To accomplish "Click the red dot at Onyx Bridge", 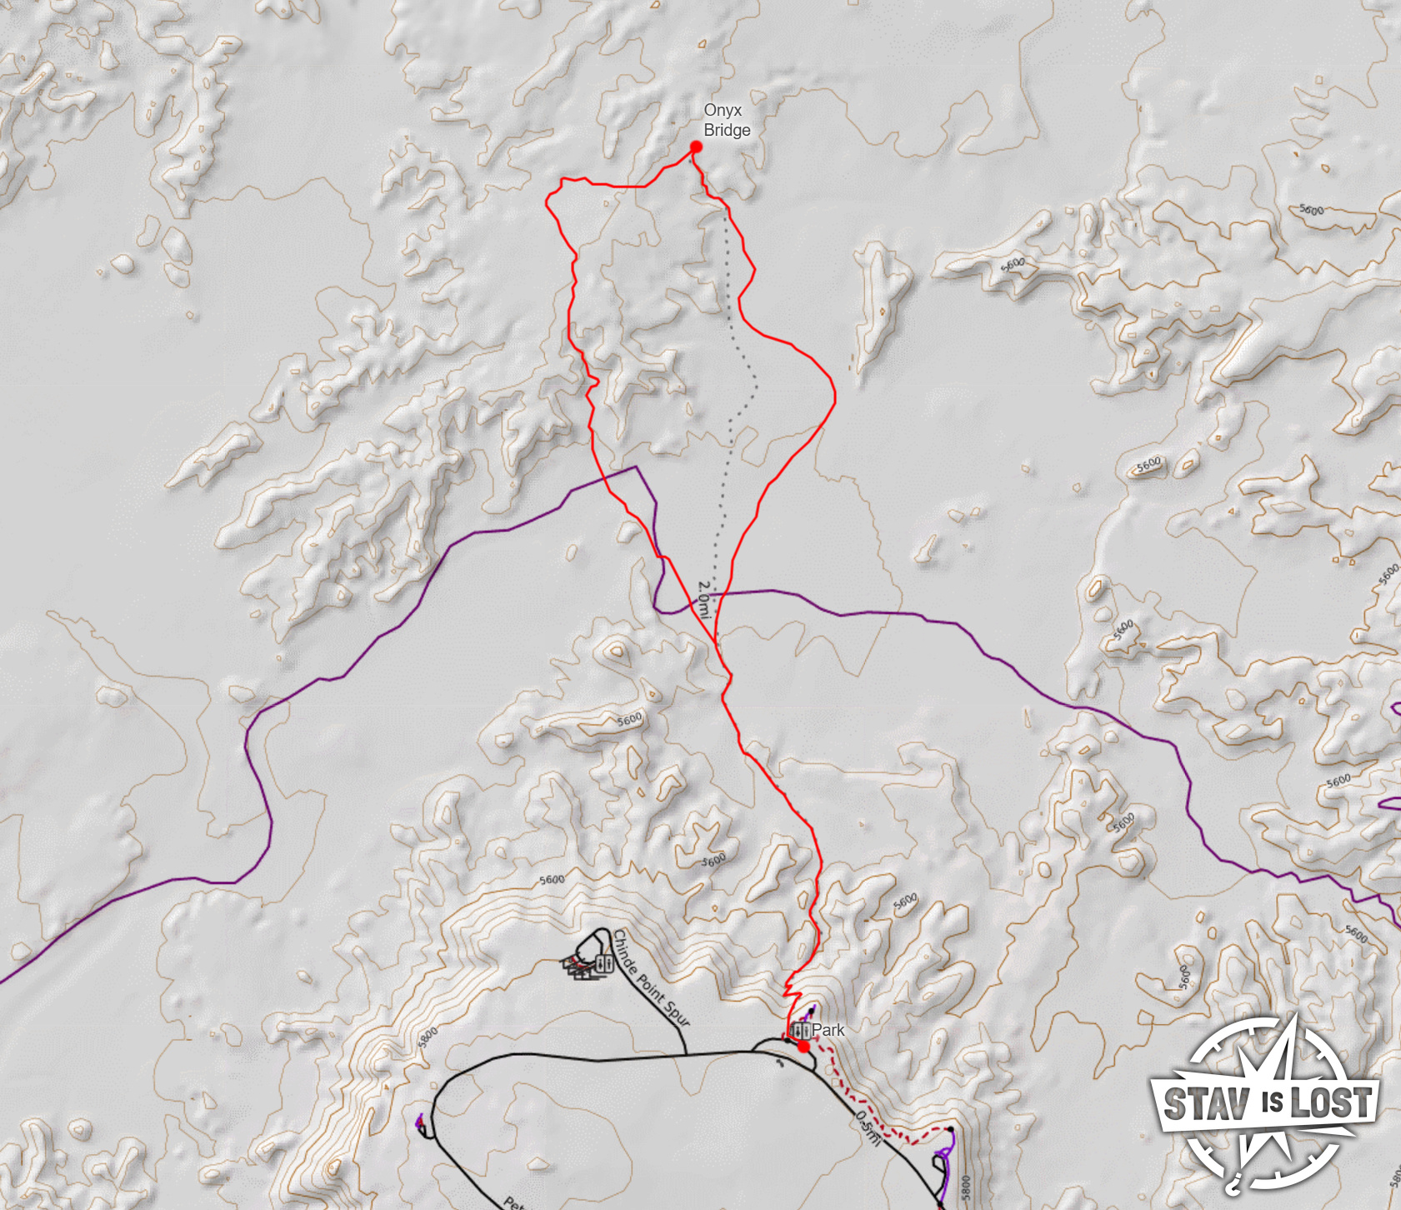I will pyautogui.click(x=696, y=147).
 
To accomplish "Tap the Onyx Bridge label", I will pyautogui.click(x=726, y=120).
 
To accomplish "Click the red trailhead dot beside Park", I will pyautogui.click(x=803, y=1046).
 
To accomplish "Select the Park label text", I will pyautogui.click(x=828, y=1030).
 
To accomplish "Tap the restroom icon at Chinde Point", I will pyautogui.click(x=605, y=964).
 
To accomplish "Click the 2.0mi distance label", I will pyautogui.click(x=705, y=599).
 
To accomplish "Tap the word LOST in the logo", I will pyautogui.click(x=1330, y=1103).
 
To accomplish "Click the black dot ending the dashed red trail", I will pyautogui.click(x=949, y=1130).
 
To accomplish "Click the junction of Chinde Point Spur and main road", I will pyautogui.click(x=686, y=1054).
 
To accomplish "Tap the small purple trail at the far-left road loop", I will pyautogui.click(x=420, y=1122).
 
